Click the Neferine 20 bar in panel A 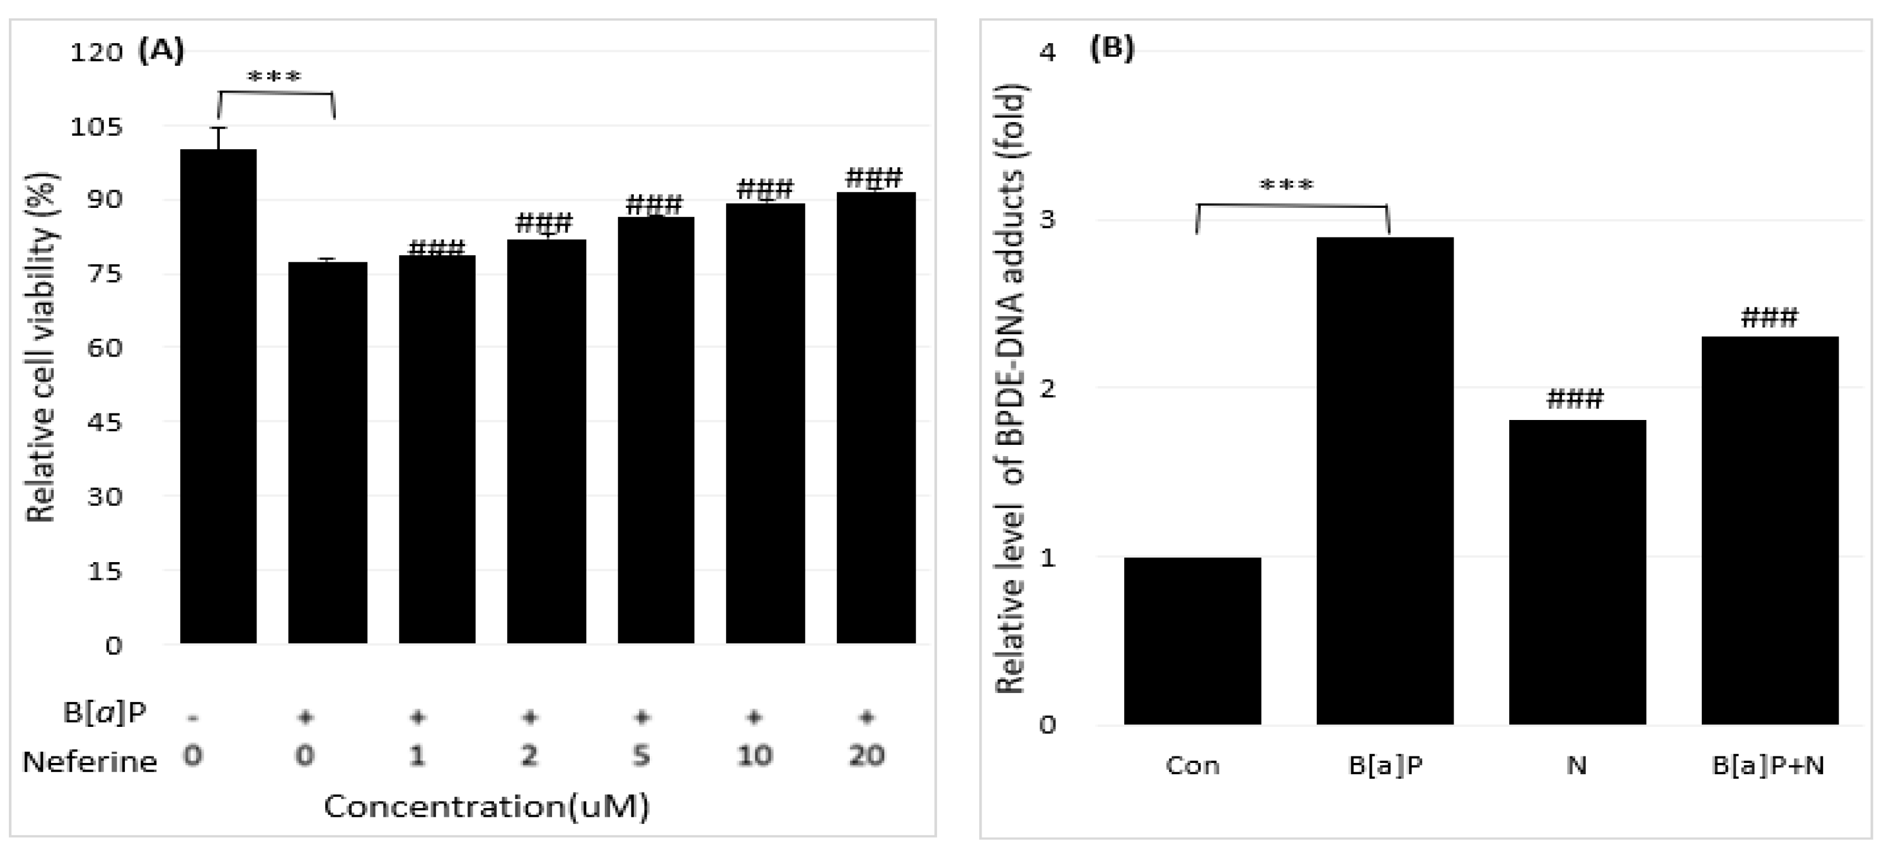(875, 418)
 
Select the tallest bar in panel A (218, 396)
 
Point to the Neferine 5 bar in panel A (655, 430)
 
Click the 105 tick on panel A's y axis (96, 127)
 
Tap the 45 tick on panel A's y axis (105, 422)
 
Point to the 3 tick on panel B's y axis (1048, 219)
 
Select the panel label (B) (1112, 49)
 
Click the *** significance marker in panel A (275, 77)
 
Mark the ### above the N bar (1575, 399)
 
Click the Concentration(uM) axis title (487, 806)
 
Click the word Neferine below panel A (89, 762)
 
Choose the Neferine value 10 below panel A (754, 755)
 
